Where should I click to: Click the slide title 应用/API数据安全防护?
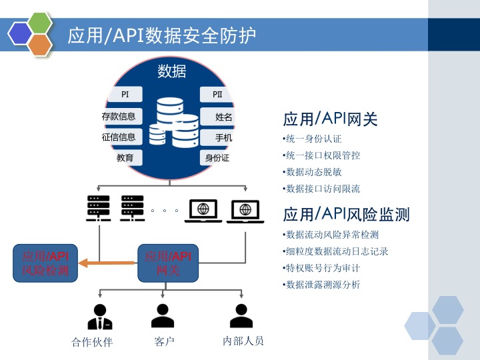coord(162,35)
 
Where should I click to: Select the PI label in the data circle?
coord(125,95)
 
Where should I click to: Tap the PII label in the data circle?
coord(217,95)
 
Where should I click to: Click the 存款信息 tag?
coord(119,116)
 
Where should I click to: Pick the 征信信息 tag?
coord(119,137)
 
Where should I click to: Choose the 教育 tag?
coord(125,158)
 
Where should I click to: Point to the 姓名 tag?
coord(223,117)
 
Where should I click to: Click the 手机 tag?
coord(223,138)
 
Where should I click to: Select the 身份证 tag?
coord(217,158)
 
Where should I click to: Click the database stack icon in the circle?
coord(173,123)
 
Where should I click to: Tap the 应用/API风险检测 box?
coord(45,263)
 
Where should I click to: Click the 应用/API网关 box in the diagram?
coord(168,263)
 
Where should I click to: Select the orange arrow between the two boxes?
coord(107,263)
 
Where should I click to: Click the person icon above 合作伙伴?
coord(100,317)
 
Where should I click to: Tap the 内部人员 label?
coord(243,341)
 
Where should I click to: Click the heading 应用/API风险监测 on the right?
coord(346,214)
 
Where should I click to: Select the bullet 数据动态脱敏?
coord(313,172)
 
